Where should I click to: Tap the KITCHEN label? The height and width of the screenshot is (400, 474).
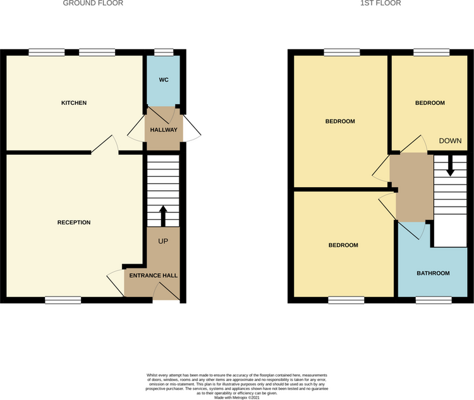point(74,103)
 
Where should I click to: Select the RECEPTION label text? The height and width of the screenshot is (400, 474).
point(74,222)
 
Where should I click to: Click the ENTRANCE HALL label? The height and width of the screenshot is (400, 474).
point(154,276)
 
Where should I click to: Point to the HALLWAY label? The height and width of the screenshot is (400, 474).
point(164,130)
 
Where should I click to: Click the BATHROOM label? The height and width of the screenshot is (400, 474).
point(433,273)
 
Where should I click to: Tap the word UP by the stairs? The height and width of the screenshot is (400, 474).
point(163,241)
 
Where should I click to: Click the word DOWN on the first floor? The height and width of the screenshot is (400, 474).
point(450,140)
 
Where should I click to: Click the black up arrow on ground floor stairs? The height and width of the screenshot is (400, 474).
point(163,216)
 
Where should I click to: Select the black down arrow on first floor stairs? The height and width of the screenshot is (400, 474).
point(451,166)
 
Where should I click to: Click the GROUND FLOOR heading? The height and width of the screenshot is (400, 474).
point(93,3)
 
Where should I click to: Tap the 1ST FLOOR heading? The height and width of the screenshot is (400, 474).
point(380,3)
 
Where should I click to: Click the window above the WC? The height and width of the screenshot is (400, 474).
point(164,52)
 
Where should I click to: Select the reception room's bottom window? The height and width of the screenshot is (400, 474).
point(63,300)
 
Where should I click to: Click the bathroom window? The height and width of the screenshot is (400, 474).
point(434,300)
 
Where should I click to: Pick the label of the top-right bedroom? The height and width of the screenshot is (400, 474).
point(430,103)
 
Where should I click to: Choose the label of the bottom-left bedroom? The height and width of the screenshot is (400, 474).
point(343,245)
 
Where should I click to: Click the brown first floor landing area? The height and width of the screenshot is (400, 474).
point(411,188)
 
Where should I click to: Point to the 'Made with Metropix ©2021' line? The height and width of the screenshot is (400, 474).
point(237,398)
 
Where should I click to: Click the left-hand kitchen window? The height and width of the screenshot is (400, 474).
point(47,52)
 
